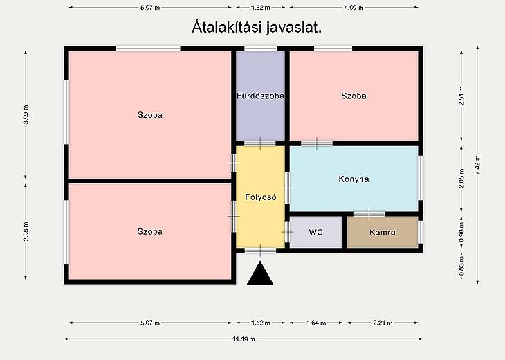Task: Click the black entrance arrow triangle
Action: point(260,274)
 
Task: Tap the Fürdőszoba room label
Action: point(260,96)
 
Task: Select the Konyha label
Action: point(353,179)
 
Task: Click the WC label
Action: point(315,232)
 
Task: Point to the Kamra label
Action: point(383,232)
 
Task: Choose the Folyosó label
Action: point(261,197)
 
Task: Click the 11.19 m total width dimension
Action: point(244,339)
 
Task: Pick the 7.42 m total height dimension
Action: point(477,165)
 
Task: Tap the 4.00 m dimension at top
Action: point(353,8)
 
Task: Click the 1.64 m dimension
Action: point(316,323)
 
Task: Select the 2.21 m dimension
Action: point(383,323)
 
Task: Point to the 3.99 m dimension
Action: point(26,114)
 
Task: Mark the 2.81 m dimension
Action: point(461,96)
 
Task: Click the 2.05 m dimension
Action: point(461,178)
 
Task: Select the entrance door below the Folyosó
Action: point(260,251)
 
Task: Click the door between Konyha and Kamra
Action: point(369,214)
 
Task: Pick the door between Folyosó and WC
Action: point(287,232)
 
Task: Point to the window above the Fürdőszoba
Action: point(260,48)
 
